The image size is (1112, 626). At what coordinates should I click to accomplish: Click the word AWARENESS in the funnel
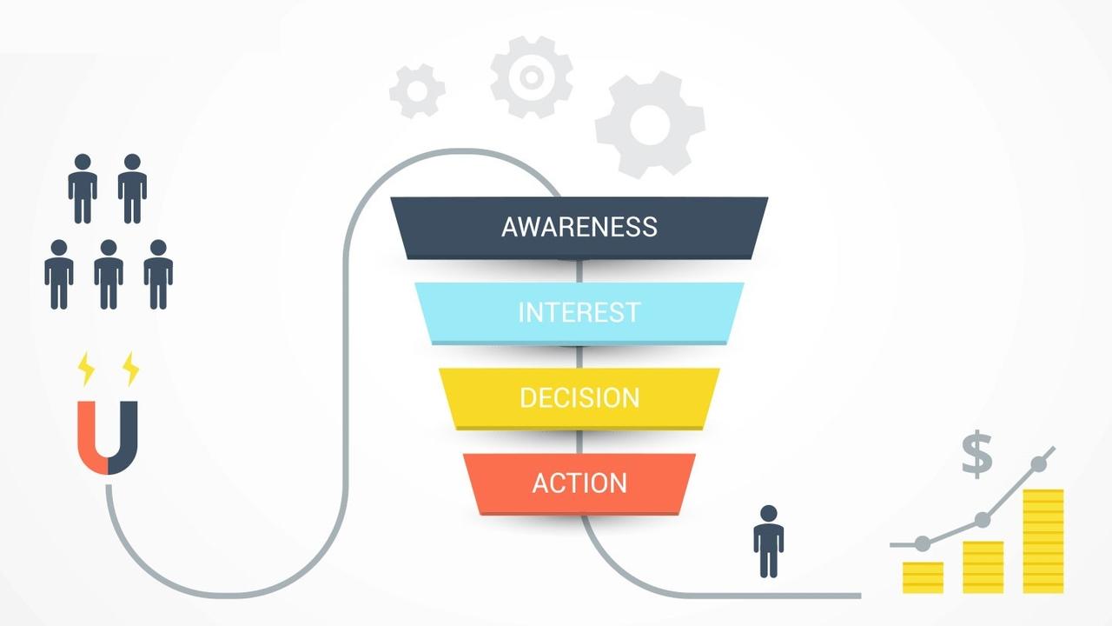(579, 227)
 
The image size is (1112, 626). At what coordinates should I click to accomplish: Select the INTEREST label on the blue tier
(579, 311)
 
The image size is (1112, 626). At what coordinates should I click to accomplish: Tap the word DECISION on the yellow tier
(579, 397)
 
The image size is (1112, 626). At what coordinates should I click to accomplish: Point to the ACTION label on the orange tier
(579, 483)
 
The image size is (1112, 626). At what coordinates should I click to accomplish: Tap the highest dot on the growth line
(1038, 463)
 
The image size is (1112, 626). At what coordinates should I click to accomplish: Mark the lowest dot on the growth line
(923, 543)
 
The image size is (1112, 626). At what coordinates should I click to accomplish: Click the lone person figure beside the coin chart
(768, 541)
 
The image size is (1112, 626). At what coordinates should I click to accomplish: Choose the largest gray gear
(650, 124)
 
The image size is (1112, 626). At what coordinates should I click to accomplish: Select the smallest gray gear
(417, 90)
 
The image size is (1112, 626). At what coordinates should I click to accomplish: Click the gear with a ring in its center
(531, 77)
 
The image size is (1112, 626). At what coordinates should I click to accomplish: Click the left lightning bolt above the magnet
(86, 369)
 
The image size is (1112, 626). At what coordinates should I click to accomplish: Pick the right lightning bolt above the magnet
(130, 369)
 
